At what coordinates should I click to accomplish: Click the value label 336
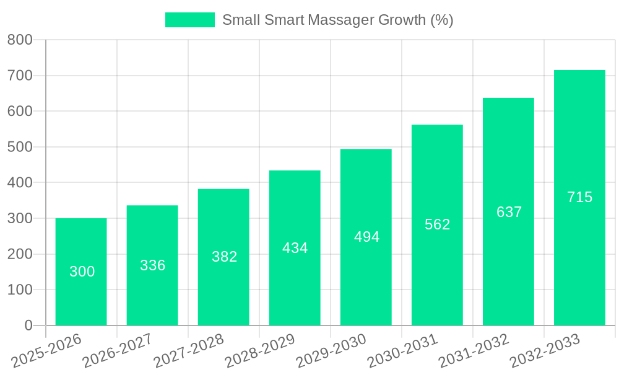152,265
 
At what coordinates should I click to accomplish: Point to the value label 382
224,257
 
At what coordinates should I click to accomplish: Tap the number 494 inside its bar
366,237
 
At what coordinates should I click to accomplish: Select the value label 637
509,212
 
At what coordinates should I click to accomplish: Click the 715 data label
579,197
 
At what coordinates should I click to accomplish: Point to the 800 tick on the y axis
20,40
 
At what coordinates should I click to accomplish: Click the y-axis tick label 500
20,148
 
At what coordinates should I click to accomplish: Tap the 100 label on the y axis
20,290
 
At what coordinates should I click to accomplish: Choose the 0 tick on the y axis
28,325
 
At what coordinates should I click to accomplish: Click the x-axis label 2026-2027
118,350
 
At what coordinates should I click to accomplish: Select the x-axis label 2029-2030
332,350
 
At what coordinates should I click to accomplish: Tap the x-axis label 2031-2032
474,350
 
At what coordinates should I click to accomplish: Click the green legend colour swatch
189,20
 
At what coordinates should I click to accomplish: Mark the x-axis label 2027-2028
189,350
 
